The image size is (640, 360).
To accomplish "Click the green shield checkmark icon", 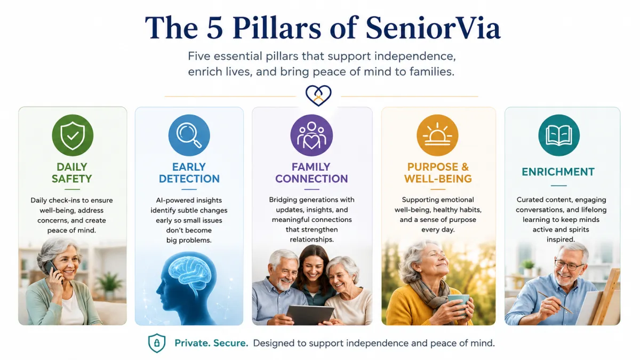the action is [73, 135].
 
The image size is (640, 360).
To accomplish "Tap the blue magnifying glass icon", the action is [189, 135].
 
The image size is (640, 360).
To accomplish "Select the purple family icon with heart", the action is [311, 135].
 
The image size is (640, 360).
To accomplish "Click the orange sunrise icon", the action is [437, 135].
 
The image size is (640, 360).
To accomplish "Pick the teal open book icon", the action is [559, 135].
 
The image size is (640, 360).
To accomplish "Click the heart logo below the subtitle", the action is [318, 95].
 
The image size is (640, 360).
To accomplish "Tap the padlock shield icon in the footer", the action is [157, 343].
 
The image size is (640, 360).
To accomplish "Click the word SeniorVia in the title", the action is [433, 28].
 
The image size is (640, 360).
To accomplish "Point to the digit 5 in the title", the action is [214, 28].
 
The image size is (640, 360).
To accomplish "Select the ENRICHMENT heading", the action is [558, 172].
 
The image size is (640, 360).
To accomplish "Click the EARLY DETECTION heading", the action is [189, 173].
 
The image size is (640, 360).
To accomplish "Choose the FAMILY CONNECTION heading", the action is [311, 173].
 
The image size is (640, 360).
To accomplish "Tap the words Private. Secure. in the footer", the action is [211, 343].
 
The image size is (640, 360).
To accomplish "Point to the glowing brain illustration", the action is [190, 271].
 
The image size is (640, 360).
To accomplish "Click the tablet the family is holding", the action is [310, 315].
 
